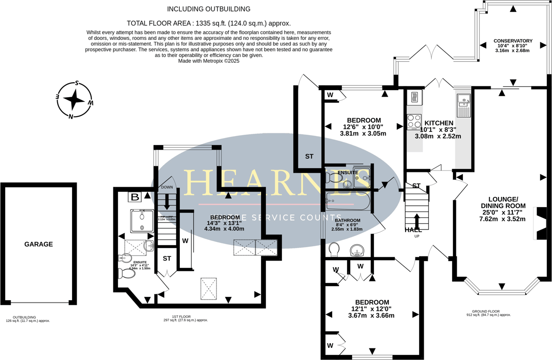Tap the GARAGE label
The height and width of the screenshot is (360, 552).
[x=39, y=244]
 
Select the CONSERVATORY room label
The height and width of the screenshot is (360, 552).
[x=513, y=41]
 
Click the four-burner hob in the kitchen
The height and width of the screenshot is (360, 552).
[x=414, y=121]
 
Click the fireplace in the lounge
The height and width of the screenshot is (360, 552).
[x=541, y=223]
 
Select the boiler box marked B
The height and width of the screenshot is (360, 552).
[x=135, y=197]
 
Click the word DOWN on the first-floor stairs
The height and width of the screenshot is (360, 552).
[x=167, y=187]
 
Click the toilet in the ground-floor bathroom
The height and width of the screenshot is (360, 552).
[x=334, y=250]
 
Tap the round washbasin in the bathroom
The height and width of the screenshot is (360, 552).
[x=357, y=251]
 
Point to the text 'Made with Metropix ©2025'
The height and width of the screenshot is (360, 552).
[x=209, y=61]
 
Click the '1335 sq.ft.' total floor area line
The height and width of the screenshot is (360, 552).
[x=209, y=23]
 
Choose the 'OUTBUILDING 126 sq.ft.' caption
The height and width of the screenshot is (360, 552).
[x=27, y=319]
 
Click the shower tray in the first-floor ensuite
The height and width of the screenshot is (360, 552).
[x=142, y=221]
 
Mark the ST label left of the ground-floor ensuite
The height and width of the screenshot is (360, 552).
[x=309, y=157]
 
